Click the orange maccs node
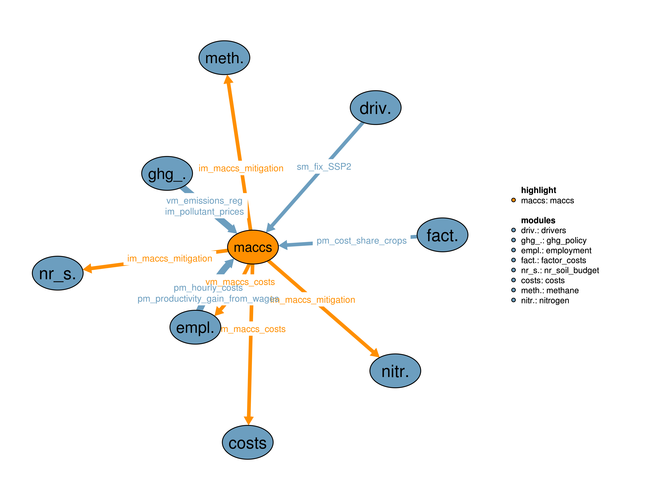click(x=253, y=247)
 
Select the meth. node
click(x=224, y=58)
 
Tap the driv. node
click(x=375, y=108)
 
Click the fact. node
click(x=442, y=235)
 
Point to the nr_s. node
click(x=58, y=273)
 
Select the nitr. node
click(x=395, y=371)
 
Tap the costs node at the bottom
click(x=248, y=442)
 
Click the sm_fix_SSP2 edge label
click(x=324, y=167)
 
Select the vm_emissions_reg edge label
click(x=204, y=201)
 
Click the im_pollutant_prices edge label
click(x=204, y=212)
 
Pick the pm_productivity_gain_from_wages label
click(x=208, y=299)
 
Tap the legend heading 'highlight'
click(x=539, y=190)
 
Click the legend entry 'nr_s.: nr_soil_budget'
click(x=560, y=270)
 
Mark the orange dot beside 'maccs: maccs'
click(x=514, y=200)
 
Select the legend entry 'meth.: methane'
click(x=550, y=290)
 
